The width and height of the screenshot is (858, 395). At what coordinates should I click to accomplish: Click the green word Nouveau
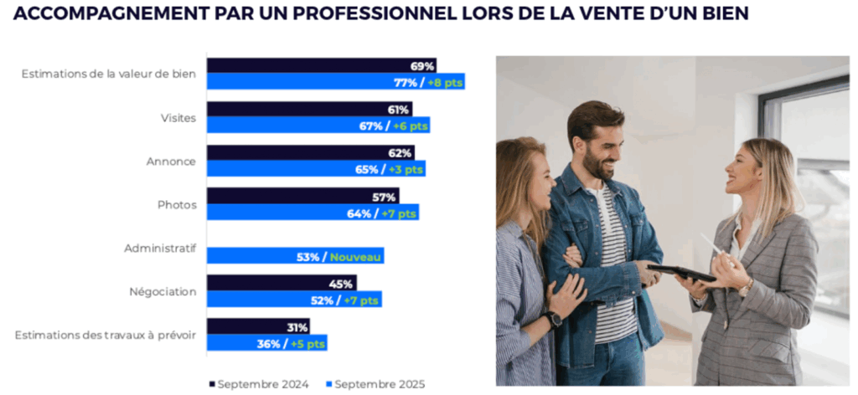point(355,257)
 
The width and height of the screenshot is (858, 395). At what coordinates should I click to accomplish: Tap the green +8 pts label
point(444,82)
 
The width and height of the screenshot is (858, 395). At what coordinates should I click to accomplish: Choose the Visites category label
point(178,118)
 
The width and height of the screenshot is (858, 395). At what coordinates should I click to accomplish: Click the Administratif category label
point(160,249)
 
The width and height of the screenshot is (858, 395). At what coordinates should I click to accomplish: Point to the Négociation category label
point(163,292)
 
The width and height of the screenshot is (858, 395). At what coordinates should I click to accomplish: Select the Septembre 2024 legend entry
point(259,384)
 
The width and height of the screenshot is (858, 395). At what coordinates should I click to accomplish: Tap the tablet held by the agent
point(680,273)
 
